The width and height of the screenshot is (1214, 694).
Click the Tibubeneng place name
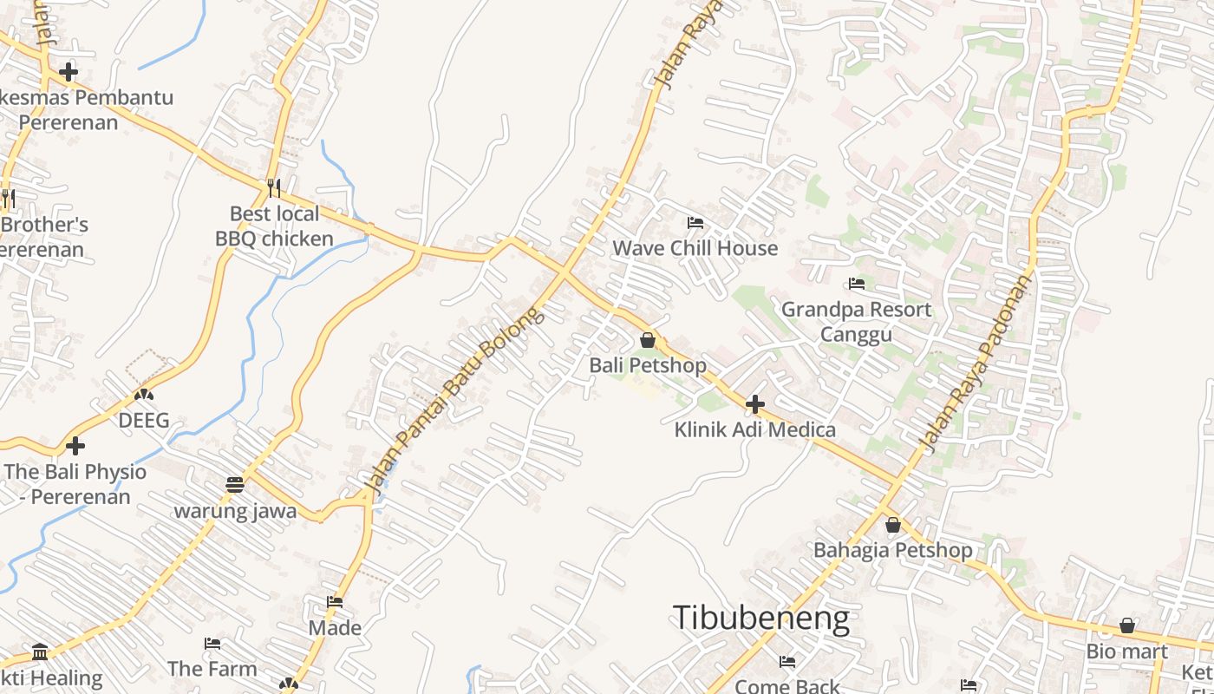760,619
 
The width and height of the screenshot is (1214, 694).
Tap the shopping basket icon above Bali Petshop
648,340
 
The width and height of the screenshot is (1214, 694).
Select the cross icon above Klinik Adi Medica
755,404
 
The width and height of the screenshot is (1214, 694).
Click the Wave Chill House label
695,248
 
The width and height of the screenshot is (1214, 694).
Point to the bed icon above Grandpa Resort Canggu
857,284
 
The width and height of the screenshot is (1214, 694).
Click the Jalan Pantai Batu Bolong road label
457,400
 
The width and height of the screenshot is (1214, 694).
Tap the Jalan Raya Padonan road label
977,363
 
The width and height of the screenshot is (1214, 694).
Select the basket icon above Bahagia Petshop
893,525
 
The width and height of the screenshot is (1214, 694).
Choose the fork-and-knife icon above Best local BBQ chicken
274,187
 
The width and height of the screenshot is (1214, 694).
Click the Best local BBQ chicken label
274,226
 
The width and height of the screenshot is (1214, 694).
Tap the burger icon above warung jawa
235,485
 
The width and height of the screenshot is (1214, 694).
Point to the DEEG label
144,422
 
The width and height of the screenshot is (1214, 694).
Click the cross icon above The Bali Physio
75,447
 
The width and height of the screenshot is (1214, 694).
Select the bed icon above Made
335,602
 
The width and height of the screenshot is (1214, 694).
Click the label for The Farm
212,669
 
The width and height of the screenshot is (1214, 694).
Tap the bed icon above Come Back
787,662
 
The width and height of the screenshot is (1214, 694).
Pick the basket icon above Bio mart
1127,625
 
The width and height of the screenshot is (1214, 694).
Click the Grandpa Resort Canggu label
857,322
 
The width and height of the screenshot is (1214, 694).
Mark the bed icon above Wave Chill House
695,223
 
